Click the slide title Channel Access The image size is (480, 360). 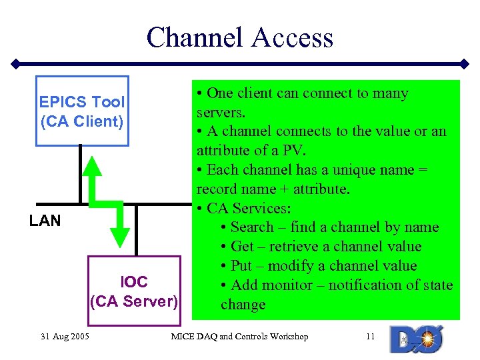point(239,37)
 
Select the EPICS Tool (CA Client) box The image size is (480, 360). point(82,112)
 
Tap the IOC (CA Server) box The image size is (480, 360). point(134,291)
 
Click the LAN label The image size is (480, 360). point(45,221)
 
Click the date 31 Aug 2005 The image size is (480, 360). point(64,337)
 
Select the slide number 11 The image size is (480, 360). point(371,337)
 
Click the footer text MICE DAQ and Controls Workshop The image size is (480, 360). point(239,337)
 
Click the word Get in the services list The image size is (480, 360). point(243,247)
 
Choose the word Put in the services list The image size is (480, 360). point(241,266)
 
